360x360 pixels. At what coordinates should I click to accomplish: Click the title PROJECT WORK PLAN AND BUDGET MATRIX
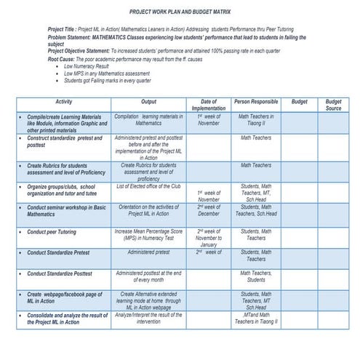click(180, 12)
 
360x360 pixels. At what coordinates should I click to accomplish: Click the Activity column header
click(63, 102)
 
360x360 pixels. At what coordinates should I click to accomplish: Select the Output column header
click(148, 102)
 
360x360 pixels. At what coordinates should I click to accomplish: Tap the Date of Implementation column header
click(209, 105)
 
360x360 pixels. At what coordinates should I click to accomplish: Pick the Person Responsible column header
click(255, 102)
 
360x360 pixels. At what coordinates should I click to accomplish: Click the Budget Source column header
click(333, 105)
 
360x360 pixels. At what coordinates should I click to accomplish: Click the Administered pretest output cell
click(148, 252)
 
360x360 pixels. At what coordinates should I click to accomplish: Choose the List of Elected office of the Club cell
click(148, 186)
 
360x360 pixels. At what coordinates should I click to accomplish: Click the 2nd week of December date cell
click(209, 210)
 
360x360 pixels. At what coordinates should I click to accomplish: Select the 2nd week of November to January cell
click(209, 238)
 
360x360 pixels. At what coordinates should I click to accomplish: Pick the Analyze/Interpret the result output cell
click(148, 319)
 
